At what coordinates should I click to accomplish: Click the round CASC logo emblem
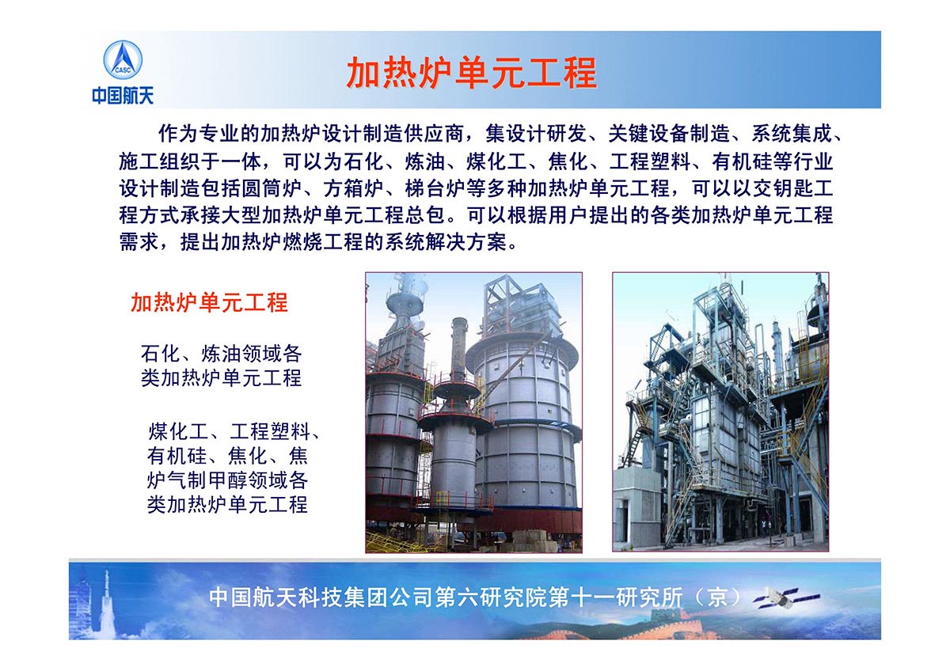[123, 60]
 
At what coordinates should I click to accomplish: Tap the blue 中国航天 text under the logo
[123, 96]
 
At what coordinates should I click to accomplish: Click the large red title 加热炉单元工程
[472, 73]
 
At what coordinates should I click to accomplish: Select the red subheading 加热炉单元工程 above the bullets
[210, 302]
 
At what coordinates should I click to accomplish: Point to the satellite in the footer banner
[788, 597]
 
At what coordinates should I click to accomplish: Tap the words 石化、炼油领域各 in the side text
[222, 353]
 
